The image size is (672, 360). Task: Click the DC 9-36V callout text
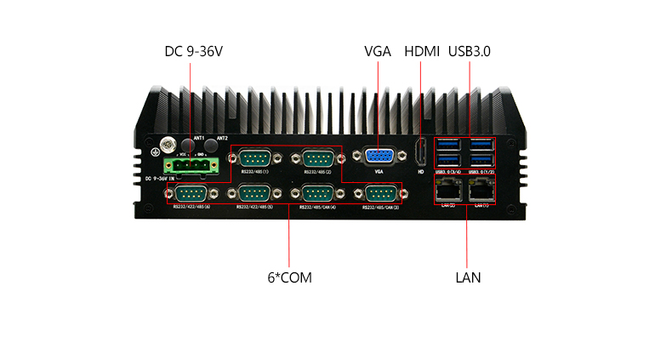pyautogui.click(x=193, y=52)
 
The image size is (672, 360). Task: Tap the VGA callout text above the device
pyautogui.click(x=377, y=52)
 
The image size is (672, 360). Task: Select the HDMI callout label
pyautogui.click(x=421, y=52)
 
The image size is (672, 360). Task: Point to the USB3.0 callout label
pyautogui.click(x=470, y=52)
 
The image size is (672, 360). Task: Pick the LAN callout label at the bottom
pyautogui.click(x=468, y=277)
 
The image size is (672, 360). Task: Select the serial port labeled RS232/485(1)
pyautogui.click(x=254, y=158)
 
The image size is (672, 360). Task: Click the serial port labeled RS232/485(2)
pyautogui.click(x=316, y=158)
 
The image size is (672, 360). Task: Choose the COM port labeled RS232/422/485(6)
pyautogui.click(x=191, y=193)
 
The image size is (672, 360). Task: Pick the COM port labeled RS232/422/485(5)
pyautogui.click(x=254, y=193)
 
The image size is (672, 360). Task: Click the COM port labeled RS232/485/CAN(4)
pyautogui.click(x=316, y=193)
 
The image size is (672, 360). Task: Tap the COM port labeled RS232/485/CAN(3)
pyautogui.click(x=379, y=193)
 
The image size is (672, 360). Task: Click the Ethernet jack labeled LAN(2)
pyautogui.click(x=447, y=190)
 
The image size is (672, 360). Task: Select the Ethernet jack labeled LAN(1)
pyautogui.click(x=483, y=190)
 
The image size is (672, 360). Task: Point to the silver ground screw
pyautogui.click(x=168, y=145)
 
